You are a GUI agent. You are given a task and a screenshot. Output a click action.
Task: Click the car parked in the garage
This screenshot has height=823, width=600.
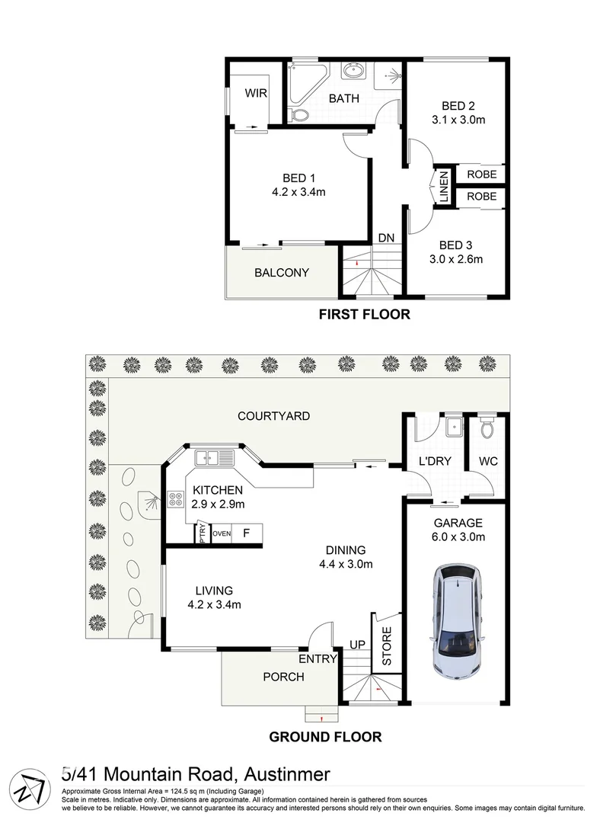458,622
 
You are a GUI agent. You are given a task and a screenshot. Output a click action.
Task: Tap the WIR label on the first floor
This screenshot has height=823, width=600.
256,93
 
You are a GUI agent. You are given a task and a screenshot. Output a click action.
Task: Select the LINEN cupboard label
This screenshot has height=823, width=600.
444,187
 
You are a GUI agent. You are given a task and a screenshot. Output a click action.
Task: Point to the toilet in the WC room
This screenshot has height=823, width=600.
487,428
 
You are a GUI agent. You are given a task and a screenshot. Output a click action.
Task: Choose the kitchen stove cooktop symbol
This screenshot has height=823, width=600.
176,498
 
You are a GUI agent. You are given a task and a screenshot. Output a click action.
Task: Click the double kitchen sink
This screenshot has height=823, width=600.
214,458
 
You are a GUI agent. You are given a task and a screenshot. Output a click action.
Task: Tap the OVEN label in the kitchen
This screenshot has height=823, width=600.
222,533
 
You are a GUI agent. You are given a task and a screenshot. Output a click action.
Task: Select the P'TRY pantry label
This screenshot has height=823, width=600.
203,533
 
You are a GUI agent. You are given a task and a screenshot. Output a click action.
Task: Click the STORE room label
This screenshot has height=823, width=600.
387,646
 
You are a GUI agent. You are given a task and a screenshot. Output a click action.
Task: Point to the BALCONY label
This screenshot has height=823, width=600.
282,272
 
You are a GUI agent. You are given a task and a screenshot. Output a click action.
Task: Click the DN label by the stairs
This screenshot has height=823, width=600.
386,238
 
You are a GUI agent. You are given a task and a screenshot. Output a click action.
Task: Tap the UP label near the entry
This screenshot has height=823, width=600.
357,645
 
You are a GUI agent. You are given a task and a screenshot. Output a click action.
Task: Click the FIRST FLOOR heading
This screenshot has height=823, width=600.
365,315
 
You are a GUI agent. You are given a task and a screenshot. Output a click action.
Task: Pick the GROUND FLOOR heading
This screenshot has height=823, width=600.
325,737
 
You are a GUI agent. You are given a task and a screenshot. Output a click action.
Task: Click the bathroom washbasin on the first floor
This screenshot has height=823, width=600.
352,70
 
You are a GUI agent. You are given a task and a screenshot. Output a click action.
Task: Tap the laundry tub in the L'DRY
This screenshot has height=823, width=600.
453,428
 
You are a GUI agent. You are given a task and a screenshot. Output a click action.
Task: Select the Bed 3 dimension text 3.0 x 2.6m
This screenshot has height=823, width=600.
456,259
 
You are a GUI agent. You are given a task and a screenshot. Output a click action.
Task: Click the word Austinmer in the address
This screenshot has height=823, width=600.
287,774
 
